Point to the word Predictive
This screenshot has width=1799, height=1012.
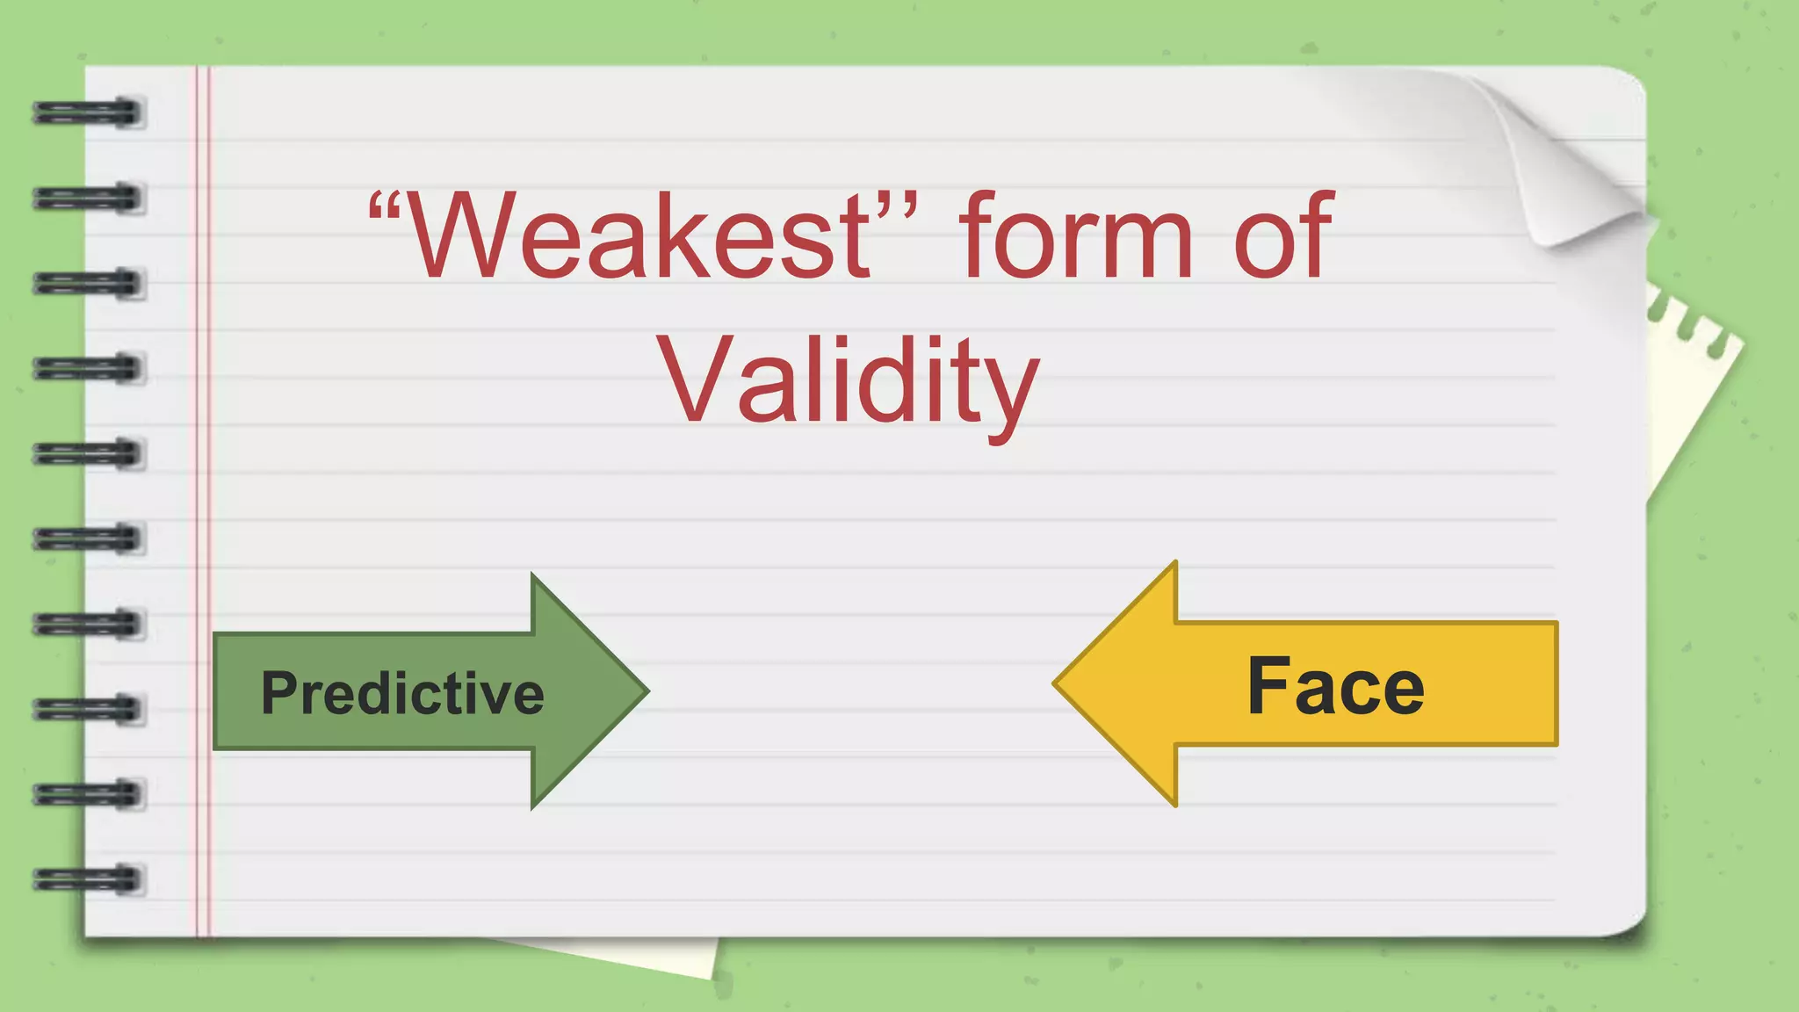402,693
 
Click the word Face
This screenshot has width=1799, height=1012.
1335,687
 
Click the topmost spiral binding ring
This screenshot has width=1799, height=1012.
88,112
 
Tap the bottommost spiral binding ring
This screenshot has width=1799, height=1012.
88,878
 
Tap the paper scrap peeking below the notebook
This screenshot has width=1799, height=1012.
650,956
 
